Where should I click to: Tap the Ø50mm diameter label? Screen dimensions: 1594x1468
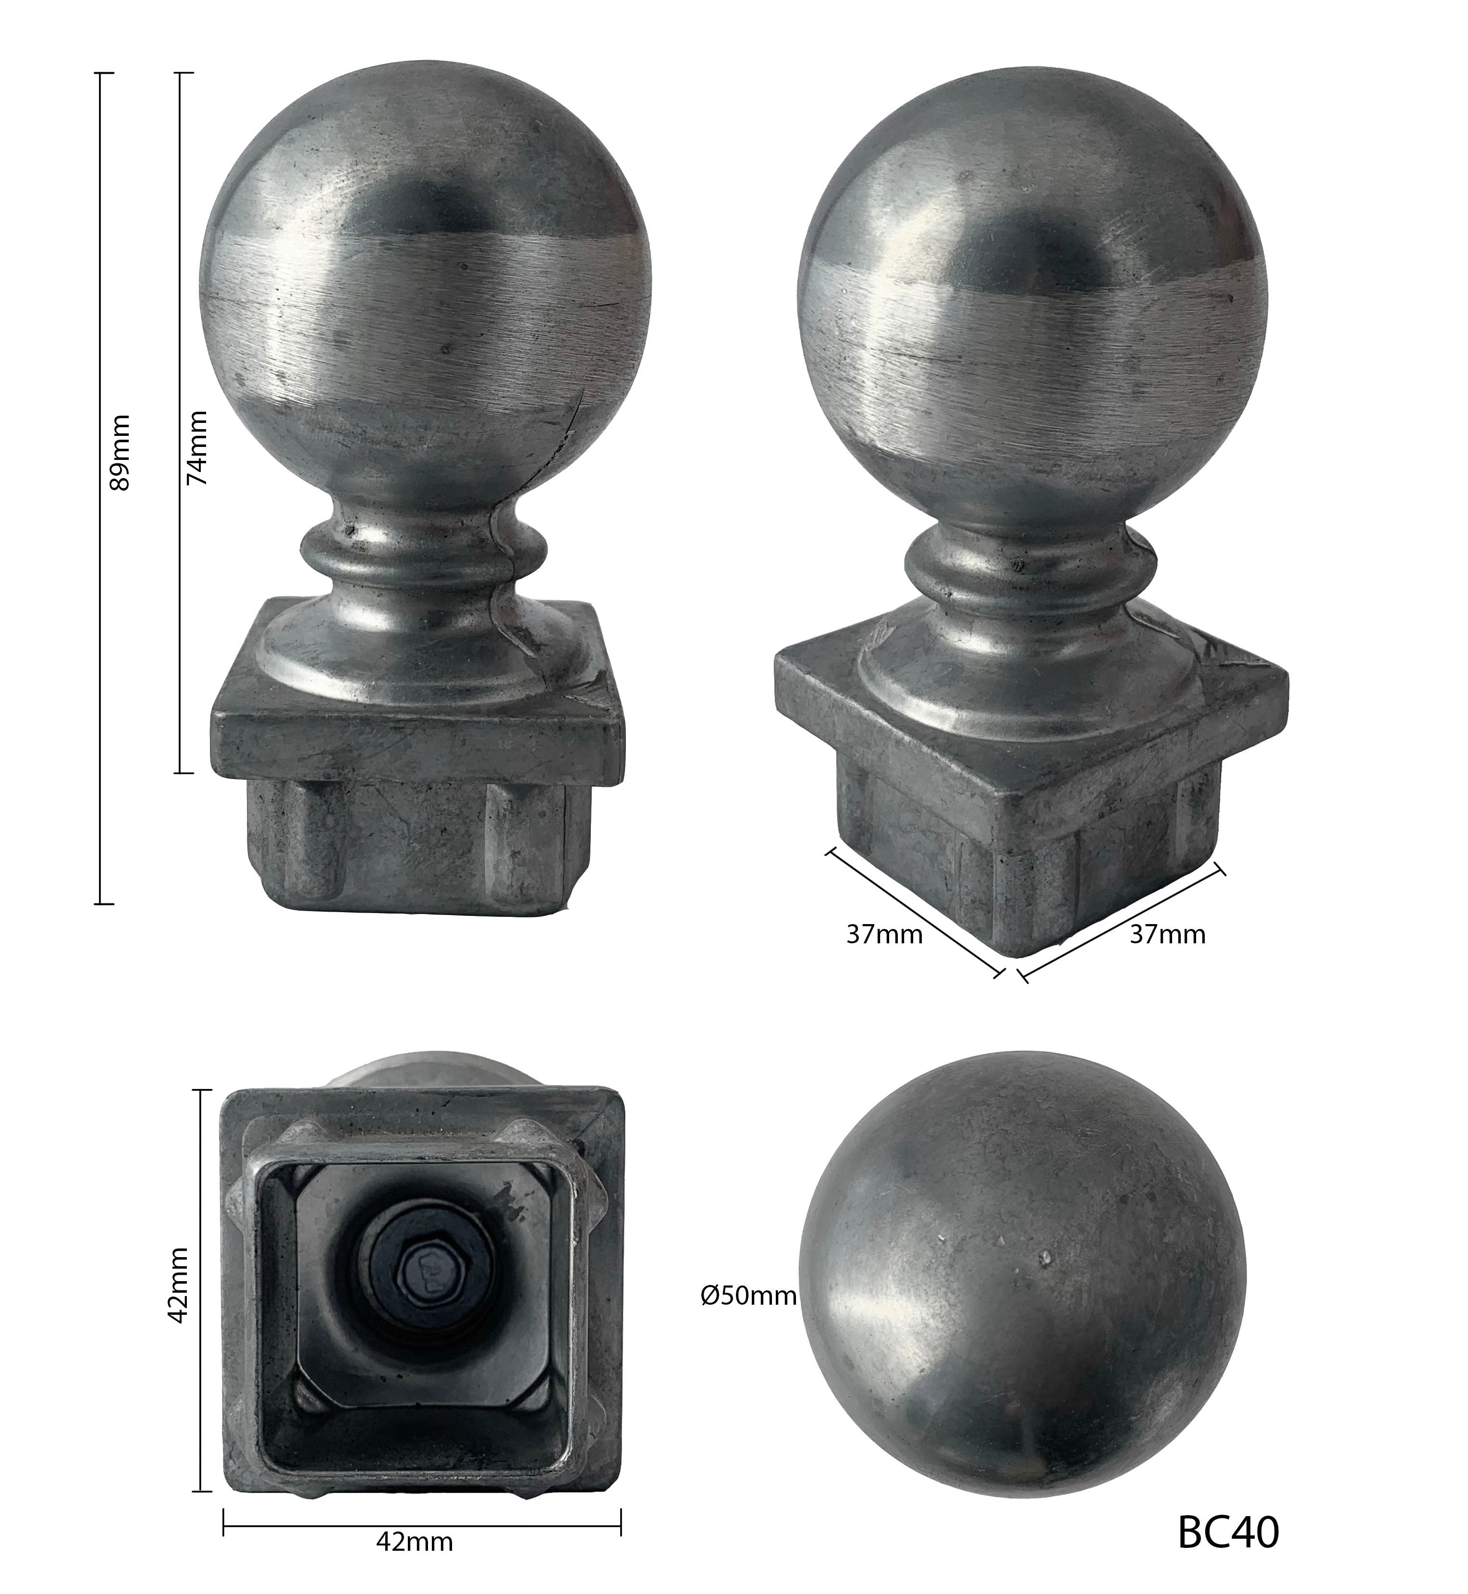click(x=748, y=1296)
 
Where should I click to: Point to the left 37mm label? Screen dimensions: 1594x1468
click(x=884, y=935)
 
